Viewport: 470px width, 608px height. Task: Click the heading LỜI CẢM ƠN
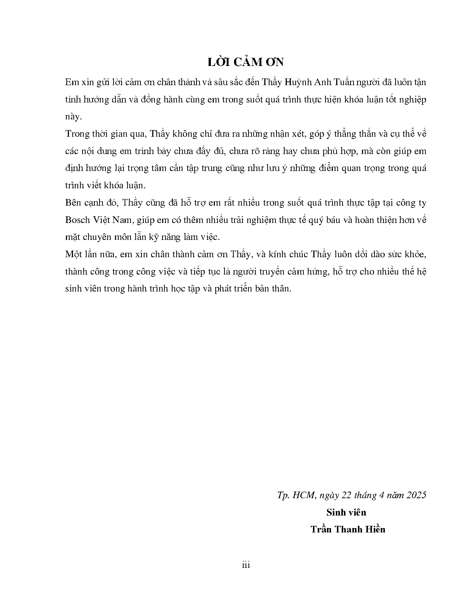point(246,62)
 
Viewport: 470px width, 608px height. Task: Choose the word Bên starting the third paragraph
point(73,203)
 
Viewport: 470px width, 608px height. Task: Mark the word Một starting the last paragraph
point(73,254)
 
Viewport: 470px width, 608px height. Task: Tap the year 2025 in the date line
point(417,495)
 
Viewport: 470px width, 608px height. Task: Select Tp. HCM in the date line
point(296,495)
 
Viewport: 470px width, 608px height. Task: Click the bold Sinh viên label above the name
point(346,512)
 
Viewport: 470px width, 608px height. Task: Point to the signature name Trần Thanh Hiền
point(348,530)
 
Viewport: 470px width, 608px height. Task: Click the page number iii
point(246,565)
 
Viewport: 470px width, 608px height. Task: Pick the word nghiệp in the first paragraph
point(411,99)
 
